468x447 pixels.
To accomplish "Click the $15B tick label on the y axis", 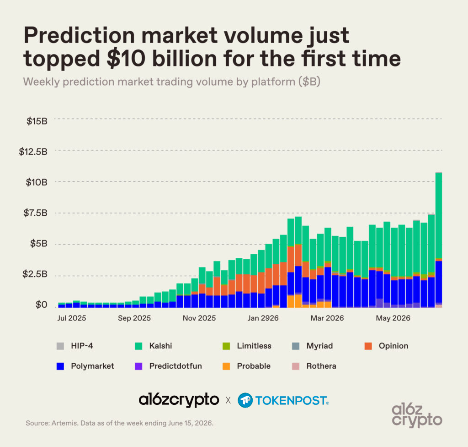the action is pos(37,121).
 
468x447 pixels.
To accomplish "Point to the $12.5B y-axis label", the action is pos(33,152).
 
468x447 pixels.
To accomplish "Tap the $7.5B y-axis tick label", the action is pos(36,213).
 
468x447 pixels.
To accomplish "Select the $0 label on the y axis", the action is pos(42,304).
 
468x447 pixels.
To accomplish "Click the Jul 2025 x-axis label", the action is pos(72,318).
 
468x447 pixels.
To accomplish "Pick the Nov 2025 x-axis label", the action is pos(199,318).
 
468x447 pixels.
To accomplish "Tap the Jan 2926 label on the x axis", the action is pos(263,318).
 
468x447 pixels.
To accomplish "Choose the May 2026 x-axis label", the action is pos(393,318).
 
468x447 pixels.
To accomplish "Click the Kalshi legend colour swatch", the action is pos(138,346).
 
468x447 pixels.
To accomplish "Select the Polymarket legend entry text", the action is pos(92,366).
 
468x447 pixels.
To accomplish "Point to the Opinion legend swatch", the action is pos(368,346).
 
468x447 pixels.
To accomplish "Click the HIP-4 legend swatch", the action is pos(60,346).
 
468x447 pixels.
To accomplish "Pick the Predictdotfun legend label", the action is pos(175,366).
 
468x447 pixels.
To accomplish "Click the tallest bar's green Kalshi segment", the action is pos(439,215).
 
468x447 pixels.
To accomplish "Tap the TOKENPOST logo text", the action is pos(292,401).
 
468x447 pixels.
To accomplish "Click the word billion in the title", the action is pos(185,58).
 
